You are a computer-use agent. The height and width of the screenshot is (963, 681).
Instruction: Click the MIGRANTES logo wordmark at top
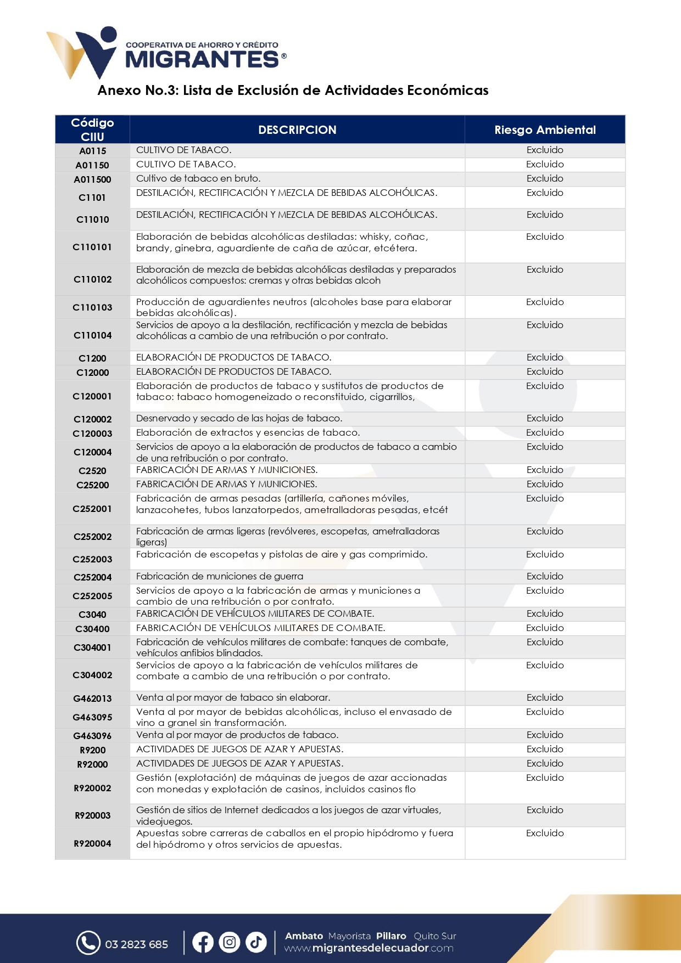(x=202, y=59)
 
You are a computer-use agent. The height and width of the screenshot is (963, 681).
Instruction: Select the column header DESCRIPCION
(x=297, y=130)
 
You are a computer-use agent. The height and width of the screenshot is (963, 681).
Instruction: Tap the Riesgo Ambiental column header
(x=545, y=130)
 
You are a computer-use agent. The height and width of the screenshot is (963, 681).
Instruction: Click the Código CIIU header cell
(x=92, y=130)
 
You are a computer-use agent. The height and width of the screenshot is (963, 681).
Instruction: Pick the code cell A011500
(x=92, y=179)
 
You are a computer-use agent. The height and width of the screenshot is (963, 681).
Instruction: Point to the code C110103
(x=92, y=307)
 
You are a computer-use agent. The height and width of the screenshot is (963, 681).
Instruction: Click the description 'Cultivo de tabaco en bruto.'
(x=198, y=178)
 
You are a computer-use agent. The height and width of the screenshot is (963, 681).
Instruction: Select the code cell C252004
(x=92, y=577)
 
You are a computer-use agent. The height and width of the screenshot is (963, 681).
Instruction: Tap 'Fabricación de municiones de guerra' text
(x=220, y=576)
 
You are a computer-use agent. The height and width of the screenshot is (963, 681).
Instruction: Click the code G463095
(x=92, y=717)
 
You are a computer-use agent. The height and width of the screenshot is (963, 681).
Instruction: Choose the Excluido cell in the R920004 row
(x=545, y=833)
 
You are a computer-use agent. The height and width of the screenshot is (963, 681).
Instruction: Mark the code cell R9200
(x=92, y=750)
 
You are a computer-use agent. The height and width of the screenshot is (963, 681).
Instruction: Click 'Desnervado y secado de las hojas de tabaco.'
(x=239, y=418)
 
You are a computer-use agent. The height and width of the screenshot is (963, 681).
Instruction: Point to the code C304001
(x=92, y=647)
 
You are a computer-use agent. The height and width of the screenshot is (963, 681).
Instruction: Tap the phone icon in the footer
(x=88, y=943)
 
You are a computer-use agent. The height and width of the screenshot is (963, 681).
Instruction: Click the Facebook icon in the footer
(x=203, y=943)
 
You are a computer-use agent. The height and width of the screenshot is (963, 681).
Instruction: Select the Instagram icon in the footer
(x=229, y=943)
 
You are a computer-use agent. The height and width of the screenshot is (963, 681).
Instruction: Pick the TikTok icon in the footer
(x=255, y=943)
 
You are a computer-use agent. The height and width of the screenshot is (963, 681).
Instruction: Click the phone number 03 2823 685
(x=136, y=944)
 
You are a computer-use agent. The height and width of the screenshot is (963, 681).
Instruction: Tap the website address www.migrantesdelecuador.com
(x=369, y=948)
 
